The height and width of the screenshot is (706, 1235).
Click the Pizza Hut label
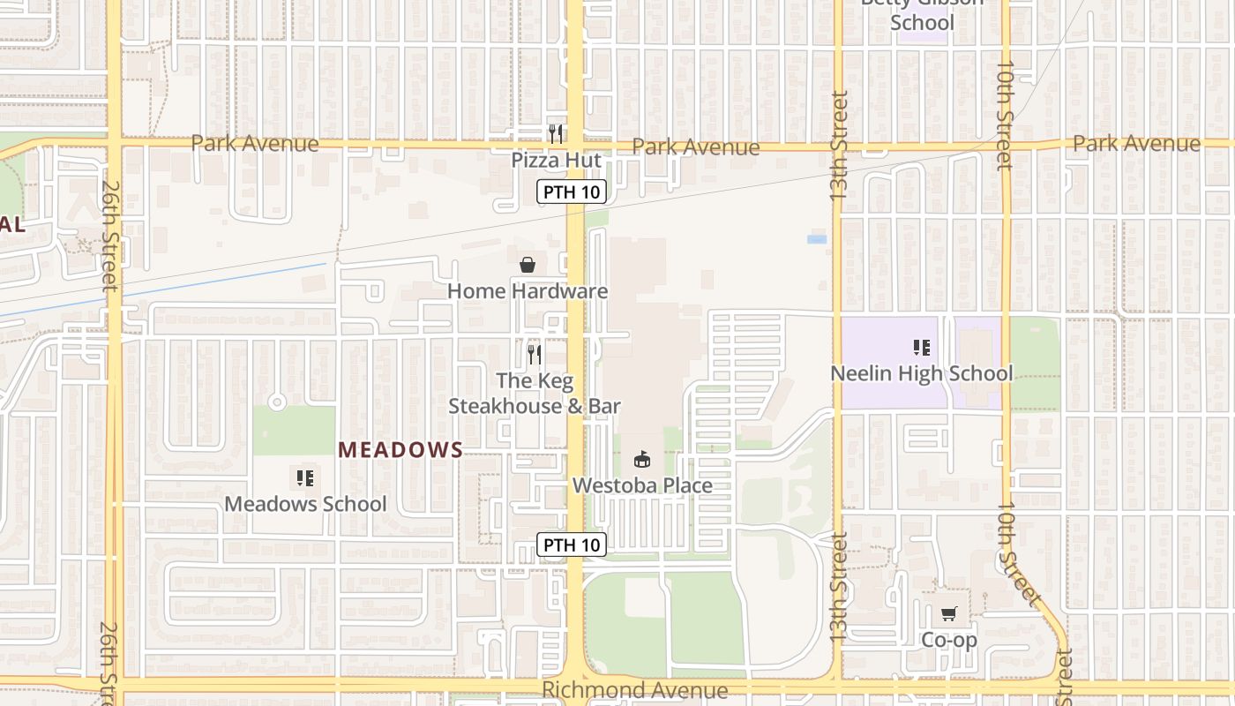click(x=556, y=161)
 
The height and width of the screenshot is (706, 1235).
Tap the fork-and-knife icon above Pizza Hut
click(x=556, y=133)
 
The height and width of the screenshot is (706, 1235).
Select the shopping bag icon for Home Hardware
click(x=528, y=264)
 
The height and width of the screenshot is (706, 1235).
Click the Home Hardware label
click(x=528, y=291)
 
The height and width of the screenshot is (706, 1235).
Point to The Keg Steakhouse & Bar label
click(x=535, y=394)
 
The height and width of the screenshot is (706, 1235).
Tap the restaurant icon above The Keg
click(x=535, y=354)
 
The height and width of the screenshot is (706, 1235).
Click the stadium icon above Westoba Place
click(x=642, y=459)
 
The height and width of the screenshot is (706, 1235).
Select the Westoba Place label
click(x=642, y=485)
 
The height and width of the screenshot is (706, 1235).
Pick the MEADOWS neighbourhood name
click(x=400, y=450)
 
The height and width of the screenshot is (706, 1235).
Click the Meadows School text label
click(x=305, y=504)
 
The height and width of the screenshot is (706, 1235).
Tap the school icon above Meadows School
click(x=305, y=478)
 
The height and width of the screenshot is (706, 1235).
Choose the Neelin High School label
click(x=922, y=373)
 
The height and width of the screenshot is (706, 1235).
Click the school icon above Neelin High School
click(x=922, y=348)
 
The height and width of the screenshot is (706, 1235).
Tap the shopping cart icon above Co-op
click(x=949, y=613)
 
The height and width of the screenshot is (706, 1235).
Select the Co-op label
click(x=949, y=640)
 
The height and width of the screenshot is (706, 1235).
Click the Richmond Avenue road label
click(x=635, y=690)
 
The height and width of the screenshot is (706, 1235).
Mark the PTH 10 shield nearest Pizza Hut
click(x=572, y=192)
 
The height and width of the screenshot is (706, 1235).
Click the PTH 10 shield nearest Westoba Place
click(x=572, y=545)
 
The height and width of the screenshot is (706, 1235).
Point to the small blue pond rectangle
click(x=817, y=239)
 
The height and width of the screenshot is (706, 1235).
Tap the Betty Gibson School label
click(x=922, y=13)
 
